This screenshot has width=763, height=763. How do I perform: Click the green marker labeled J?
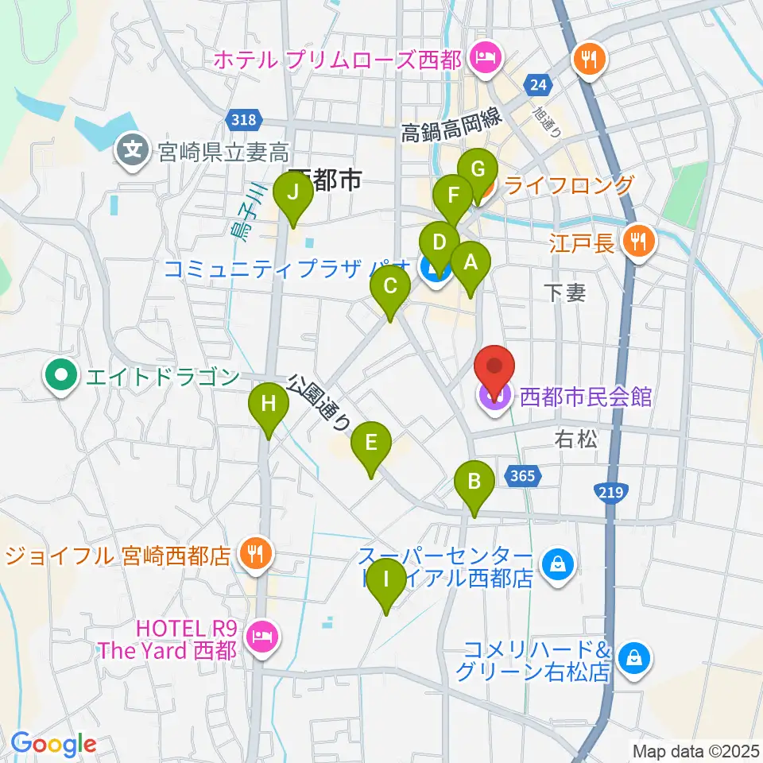point(293,193)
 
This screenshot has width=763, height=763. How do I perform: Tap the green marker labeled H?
point(269,405)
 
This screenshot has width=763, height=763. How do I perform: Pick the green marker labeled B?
point(474,482)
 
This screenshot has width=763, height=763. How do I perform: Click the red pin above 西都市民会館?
point(494,368)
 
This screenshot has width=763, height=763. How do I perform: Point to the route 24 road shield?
point(538,83)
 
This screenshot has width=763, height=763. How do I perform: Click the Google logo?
point(53,745)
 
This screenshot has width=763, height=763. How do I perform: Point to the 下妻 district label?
point(566,293)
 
